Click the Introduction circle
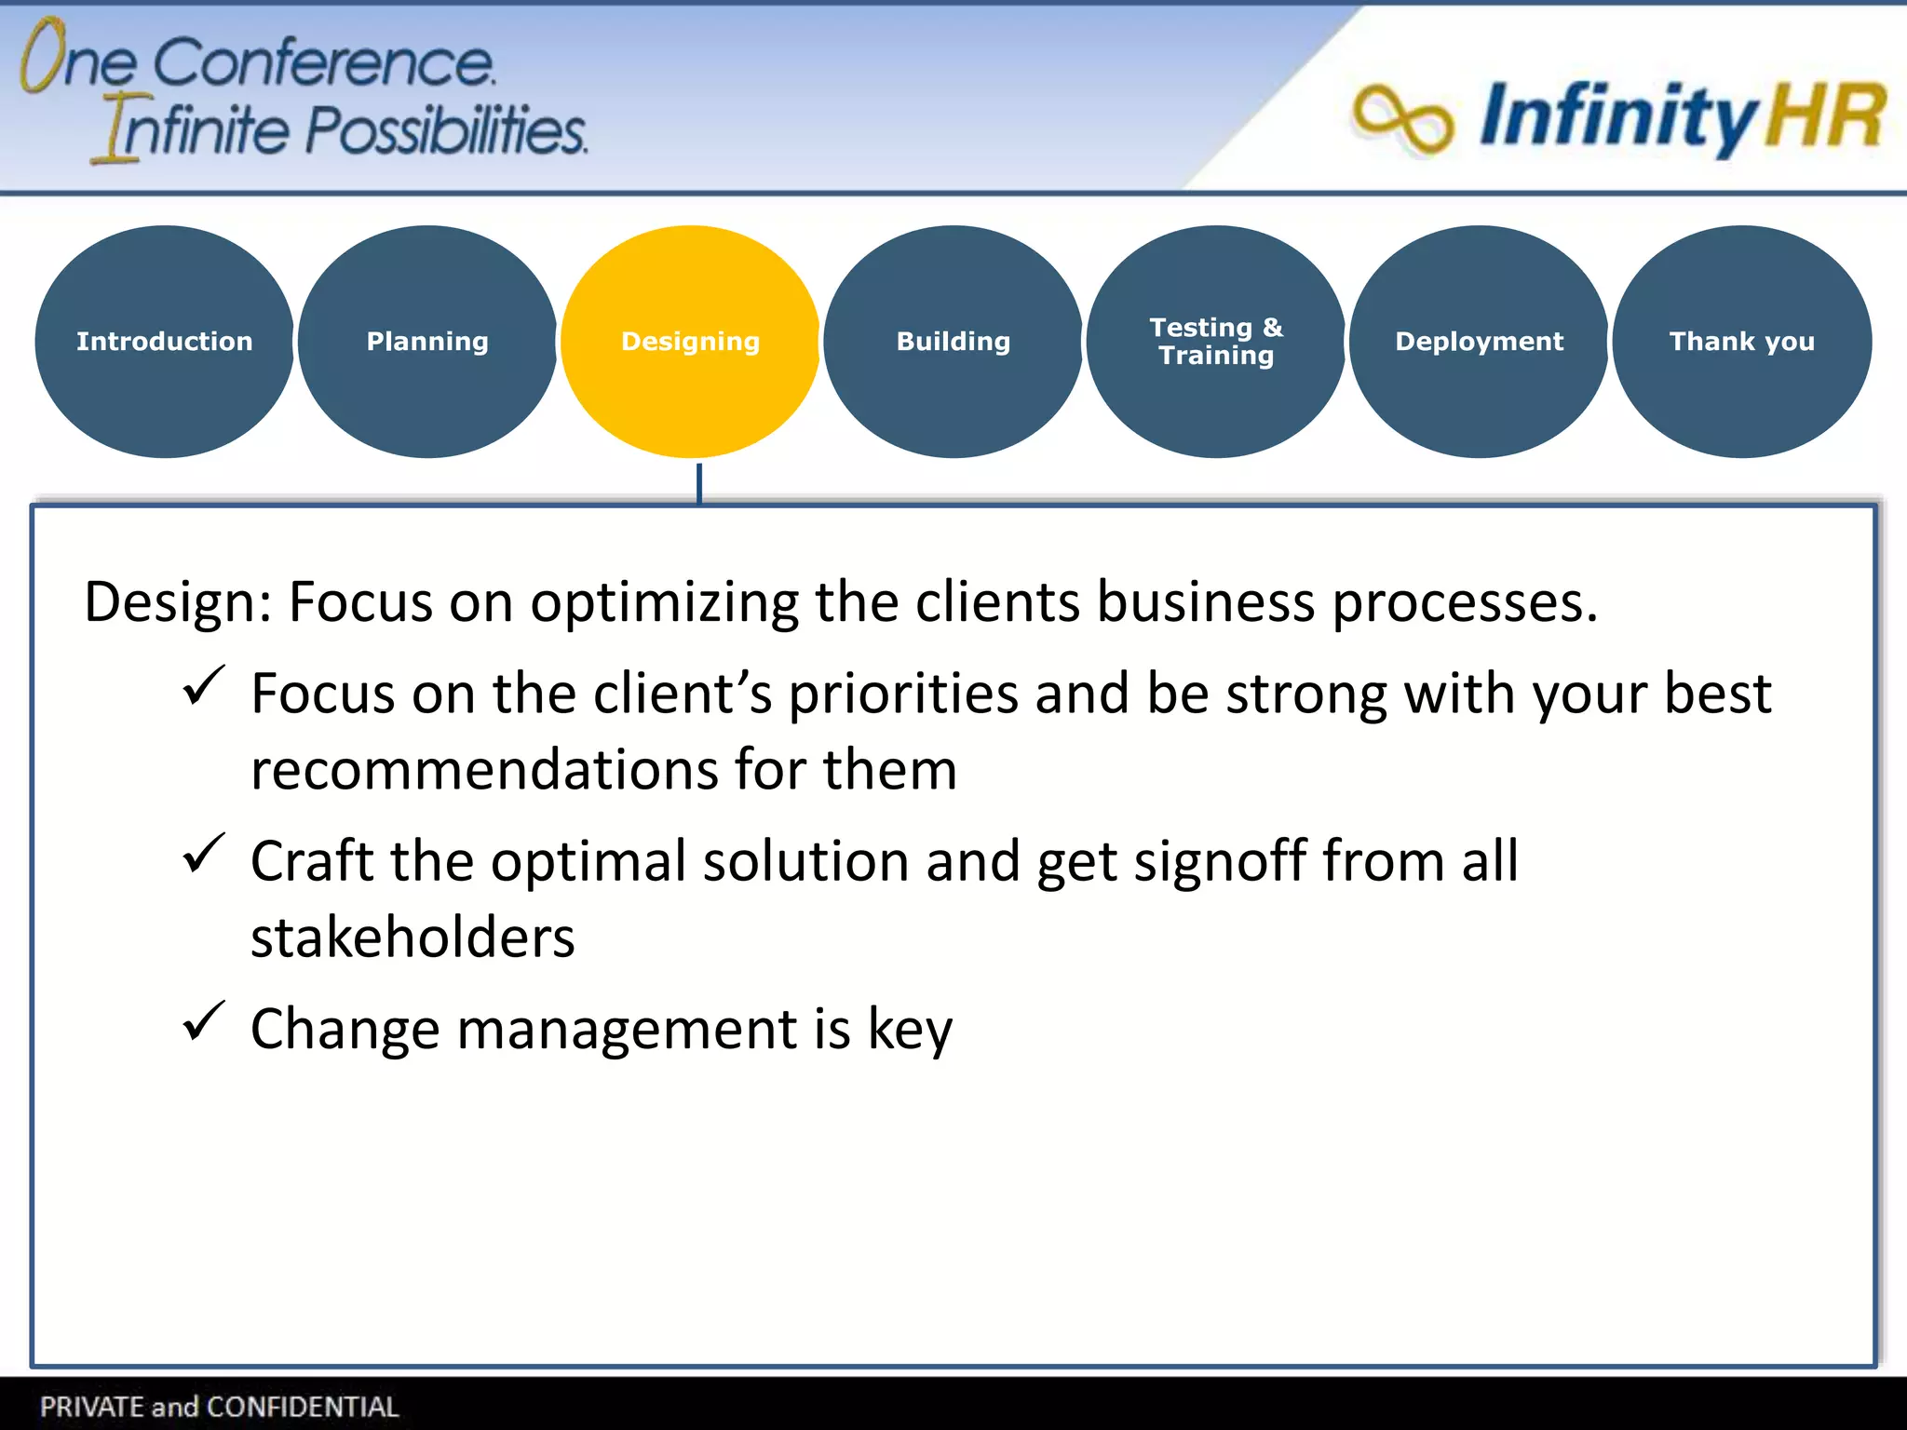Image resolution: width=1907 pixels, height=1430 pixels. click(165, 341)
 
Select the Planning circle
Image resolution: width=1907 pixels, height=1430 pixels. click(427, 341)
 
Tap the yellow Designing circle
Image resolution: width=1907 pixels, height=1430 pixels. click(690, 341)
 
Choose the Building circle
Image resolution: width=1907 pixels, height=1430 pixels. click(953, 341)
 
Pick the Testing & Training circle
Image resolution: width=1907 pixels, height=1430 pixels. click(1216, 341)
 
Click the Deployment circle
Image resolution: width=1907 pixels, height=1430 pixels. click(1479, 341)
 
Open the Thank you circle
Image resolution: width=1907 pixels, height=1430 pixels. click(1741, 341)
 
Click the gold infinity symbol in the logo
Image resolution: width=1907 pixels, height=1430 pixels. click(1401, 118)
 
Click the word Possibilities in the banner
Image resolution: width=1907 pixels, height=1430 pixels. click(446, 129)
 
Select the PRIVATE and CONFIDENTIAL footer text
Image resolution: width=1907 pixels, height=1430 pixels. click(219, 1406)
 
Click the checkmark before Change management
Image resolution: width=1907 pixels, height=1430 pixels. click(203, 1021)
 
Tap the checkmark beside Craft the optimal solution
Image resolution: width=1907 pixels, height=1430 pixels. click(203, 854)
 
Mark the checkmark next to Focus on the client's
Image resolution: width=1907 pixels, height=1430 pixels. click(203, 686)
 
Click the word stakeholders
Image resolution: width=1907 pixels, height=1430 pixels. click(413, 937)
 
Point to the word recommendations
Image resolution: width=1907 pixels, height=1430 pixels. click(484, 770)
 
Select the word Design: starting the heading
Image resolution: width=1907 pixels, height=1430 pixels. click(177, 602)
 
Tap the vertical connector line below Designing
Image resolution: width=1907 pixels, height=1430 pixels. click(699, 482)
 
